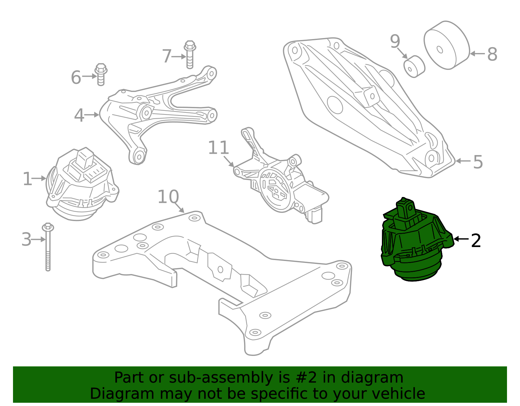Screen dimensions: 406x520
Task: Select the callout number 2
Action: pyautogui.click(x=476, y=241)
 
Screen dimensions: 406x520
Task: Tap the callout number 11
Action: pyautogui.click(x=218, y=148)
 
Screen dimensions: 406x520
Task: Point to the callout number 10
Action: pyautogui.click(x=168, y=197)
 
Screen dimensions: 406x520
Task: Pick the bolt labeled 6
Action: pyautogui.click(x=101, y=74)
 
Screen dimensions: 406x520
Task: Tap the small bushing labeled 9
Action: pyautogui.click(x=414, y=67)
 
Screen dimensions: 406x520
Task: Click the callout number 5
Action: pyautogui.click(x=478, y=162)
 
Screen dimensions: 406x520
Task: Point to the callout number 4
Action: pyautogui.click(x=79, y=115)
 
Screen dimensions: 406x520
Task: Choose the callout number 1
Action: pyautogui.click(x=27, y=179)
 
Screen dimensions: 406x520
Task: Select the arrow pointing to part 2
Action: pyautogui.click(x=461, y=239)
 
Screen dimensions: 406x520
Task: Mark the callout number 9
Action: pyautogui.click(x=395, y=42)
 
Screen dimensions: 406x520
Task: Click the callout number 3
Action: pyautogui.click(x=26, y=240)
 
